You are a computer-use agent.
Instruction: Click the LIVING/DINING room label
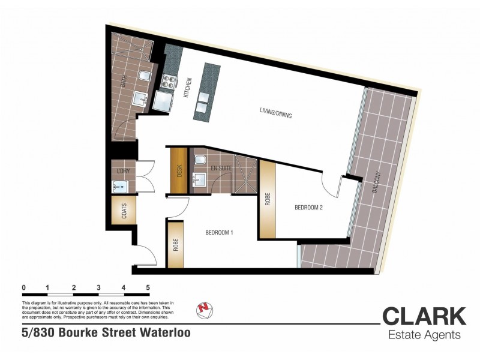275,112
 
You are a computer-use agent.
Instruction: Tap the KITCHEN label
188,89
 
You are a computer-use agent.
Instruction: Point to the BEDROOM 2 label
310,208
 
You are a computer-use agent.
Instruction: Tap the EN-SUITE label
221,169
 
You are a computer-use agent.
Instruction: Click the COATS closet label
124,211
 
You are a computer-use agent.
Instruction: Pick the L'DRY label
122,171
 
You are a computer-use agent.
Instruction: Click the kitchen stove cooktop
167,81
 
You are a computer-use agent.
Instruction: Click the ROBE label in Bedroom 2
267,199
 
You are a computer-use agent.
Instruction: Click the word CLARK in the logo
424,317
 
